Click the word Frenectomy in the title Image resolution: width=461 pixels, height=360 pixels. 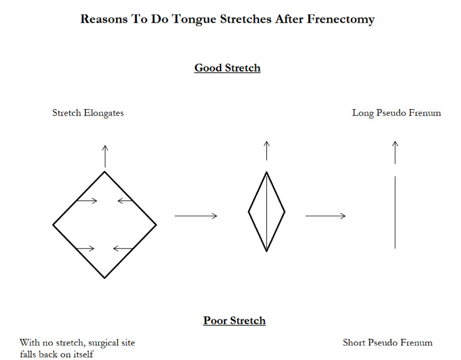pyautogui.click(x=341, y=20)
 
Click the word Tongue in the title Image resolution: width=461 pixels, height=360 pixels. pyautogui.click(x=194, y=20)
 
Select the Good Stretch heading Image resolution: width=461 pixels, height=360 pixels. pyautogui.click(x=227, y=68)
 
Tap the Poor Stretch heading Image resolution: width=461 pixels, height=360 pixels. pyautogui.click(x=234, y=321)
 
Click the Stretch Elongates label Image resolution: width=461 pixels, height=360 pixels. pyautogui.click(x=88, y=113)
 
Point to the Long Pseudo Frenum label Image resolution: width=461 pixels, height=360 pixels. pyautogui.click(x=396, y=113)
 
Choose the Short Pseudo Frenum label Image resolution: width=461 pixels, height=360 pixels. pyautogui.click(x=388, y=342)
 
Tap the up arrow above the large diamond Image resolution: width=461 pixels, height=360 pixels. pyautogui.click(x=105, y=156)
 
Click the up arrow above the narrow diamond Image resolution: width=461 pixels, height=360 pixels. pyautogui.click(x=266, y=151)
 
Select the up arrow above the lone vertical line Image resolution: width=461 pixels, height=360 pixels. pyautogui.click(x=395, y=152)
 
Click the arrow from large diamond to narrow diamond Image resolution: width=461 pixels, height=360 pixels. pyautogui.click(x=196, y=216)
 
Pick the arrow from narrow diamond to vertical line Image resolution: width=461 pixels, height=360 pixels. pyautogui.click(x=325, y=216)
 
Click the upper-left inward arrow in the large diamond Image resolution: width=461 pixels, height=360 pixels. pyautogui.click(x=87, y=201)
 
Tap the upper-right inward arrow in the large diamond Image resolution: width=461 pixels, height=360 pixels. pyautogui.click(x=125, y=201)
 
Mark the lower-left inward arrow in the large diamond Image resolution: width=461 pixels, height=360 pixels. pyautogui.click(x=85, y=248)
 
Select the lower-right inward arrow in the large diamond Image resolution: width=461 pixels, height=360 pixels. pyautogui.click(x=123, y=248)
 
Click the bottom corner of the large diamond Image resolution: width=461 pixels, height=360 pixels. pyautogui.click(x=105, y=278)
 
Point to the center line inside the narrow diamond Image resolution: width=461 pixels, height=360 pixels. pyautogui.click(x=266, y=212)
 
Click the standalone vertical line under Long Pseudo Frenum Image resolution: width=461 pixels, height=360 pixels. pyautogui.click(x=395, y=212)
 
